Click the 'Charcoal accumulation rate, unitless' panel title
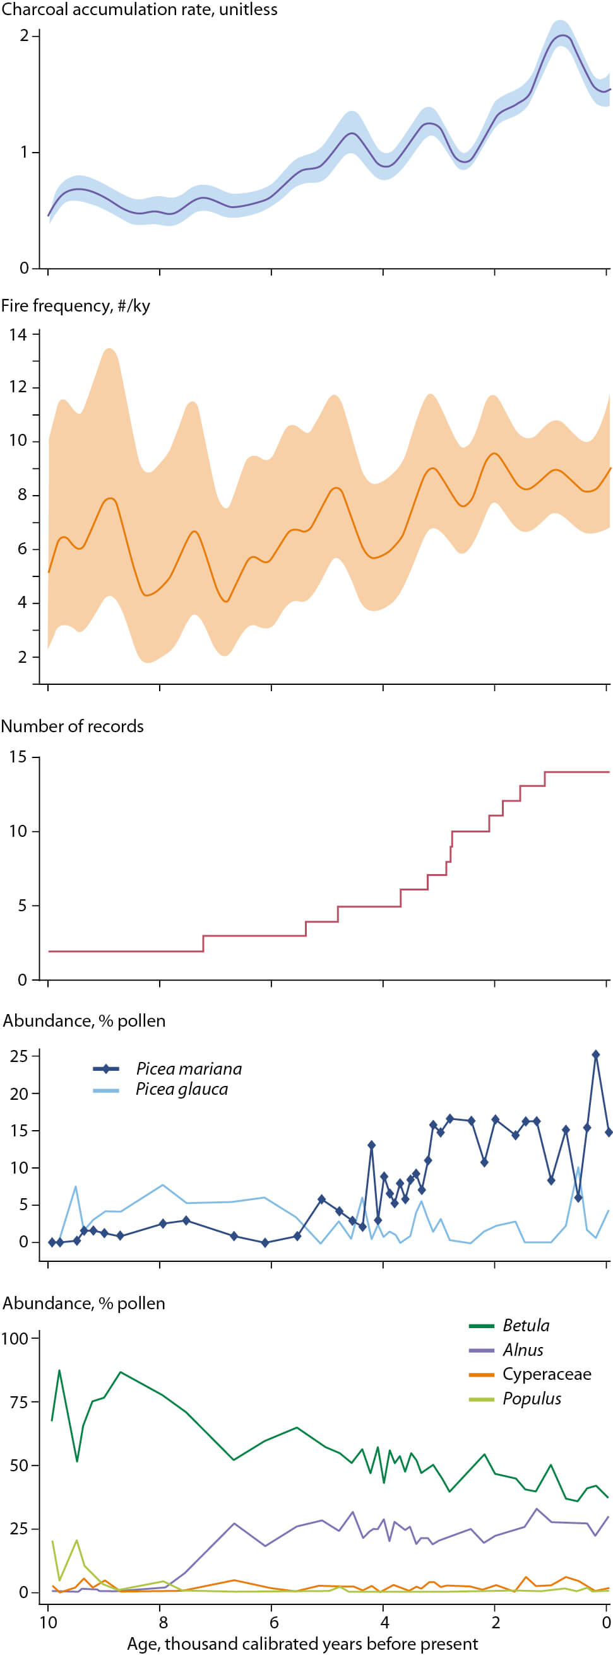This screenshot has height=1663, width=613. [x=140, y=9]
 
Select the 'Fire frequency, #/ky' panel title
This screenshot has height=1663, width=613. [x=76, y=305]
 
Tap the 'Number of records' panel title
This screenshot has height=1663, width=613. [x=73, y=726]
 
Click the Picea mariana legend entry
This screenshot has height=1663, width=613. [x=188, y=1068]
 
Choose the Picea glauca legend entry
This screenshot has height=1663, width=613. [x=182, y=1089]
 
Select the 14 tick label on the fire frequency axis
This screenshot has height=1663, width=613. [x=18, y=334]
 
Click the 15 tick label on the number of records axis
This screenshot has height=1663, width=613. [x=18, y=757]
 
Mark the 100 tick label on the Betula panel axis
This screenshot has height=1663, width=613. [x=15, y=1338]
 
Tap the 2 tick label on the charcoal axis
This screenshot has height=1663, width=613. [x=24, y=35]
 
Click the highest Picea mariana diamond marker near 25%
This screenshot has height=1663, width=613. [x=595, y=1054]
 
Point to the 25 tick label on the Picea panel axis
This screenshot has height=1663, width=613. [x=19, y=1057]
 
